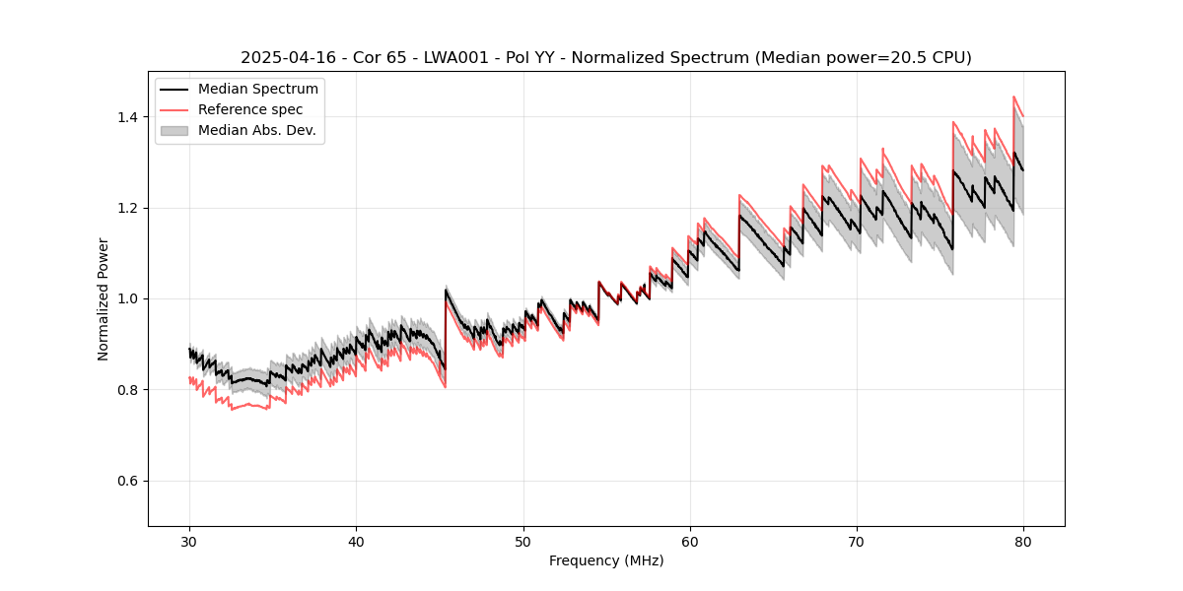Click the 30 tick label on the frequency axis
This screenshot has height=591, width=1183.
coord(190,542)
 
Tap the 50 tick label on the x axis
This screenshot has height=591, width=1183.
coord(523,542)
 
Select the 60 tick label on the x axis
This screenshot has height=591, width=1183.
coord(690,542)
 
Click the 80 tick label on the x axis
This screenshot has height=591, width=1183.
coord(1023,542)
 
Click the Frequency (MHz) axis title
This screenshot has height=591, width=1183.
coord(606,560)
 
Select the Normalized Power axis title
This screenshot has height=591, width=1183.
coord(104,298)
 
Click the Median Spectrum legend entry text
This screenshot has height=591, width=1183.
coord(258,90)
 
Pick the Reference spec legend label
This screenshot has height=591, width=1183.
coord(250,109)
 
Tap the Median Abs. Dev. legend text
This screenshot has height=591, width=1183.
coord(257,130)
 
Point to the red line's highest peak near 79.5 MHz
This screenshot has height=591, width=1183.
coord(1014,97)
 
